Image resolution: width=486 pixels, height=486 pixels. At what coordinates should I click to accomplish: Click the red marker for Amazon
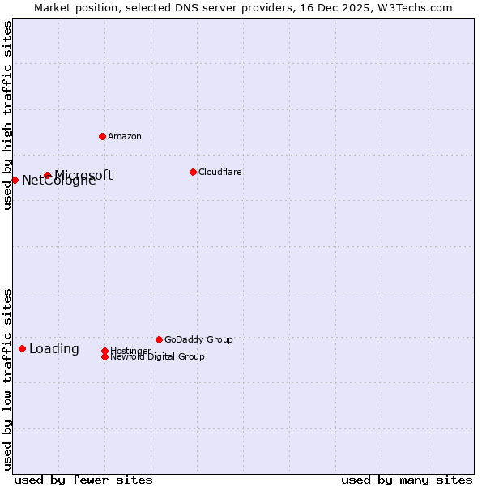click(x=102, y=136)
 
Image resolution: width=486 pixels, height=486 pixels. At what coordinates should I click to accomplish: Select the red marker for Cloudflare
click(x=193, y=172)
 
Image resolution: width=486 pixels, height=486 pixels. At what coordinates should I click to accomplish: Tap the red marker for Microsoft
click(x=48, y=175)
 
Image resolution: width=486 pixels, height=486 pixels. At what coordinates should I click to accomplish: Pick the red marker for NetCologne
click(x=15, y=180)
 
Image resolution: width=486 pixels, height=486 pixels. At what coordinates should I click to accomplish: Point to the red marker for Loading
click(x=22, y=348)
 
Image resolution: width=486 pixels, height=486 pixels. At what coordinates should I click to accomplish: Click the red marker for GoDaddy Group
click(x=159, y=339)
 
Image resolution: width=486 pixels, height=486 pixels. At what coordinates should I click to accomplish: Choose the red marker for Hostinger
click(x=104, y=351)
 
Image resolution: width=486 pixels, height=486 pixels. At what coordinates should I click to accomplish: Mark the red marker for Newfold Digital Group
click(x=104, y=356)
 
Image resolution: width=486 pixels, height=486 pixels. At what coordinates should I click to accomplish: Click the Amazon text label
click(x=125, y=136)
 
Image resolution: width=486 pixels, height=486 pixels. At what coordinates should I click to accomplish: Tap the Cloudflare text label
click(x=220, y=172)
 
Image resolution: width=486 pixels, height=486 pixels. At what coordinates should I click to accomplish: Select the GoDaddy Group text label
click(x=198, y=339)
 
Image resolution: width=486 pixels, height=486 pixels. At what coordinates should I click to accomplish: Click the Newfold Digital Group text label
click(x=157, y=356)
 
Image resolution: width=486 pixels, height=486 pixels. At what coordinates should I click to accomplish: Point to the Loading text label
click(x=54, y=349)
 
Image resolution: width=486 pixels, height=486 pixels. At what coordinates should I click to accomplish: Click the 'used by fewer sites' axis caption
click(x=83, y=480)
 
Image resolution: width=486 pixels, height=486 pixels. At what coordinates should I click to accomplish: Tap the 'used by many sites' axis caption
click(x=407, y=480)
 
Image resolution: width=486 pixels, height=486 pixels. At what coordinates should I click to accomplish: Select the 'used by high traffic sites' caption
click(x=7, y=115)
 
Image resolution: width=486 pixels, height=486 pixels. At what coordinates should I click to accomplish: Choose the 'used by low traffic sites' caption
click(x=7, y=379)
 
